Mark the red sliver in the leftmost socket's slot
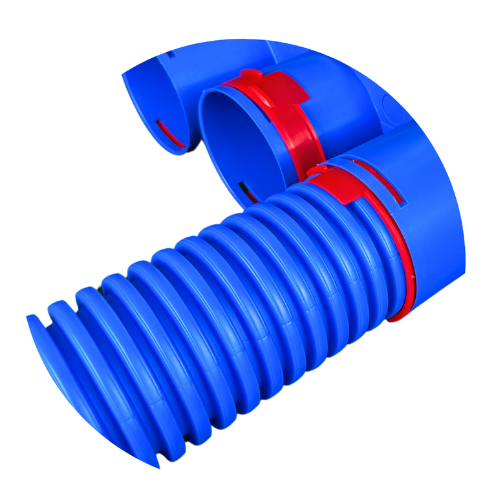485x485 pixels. (170, 133)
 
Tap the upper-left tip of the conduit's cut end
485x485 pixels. (31, 318)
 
